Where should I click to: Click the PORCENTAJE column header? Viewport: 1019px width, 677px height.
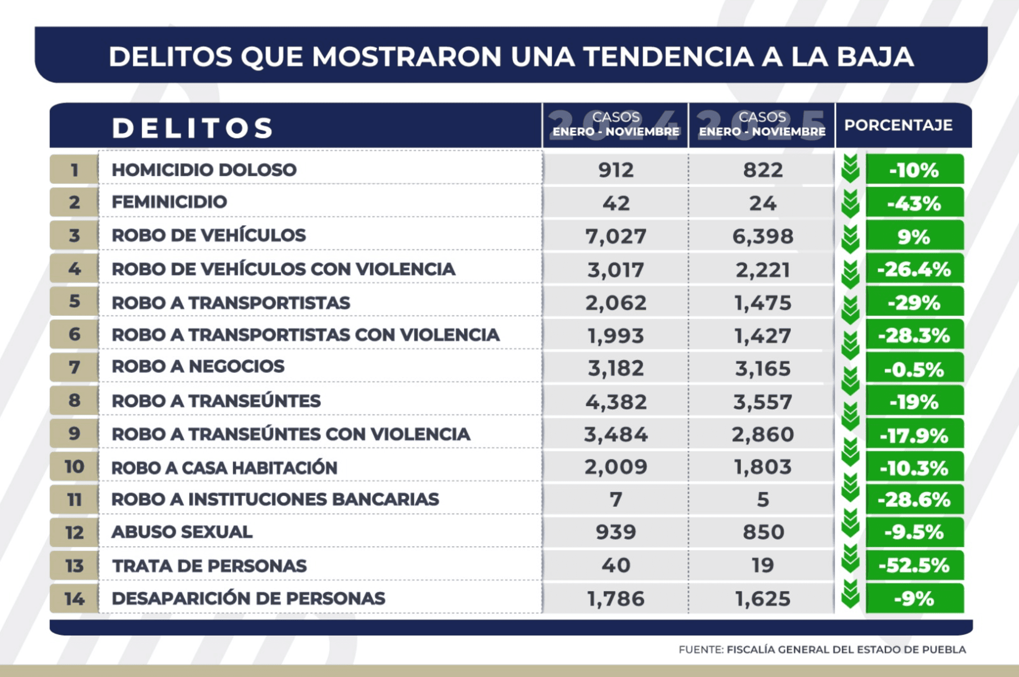[x=898, y=125]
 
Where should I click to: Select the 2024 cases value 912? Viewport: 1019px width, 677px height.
[x=615, y=170]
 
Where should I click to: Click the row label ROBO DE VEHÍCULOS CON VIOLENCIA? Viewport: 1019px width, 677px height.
[x=284, y=269]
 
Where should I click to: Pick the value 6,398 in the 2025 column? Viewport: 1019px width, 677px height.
[x=763, y=236]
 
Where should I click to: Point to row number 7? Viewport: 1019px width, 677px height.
[x=74, y=367]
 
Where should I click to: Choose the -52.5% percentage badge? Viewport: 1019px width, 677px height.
[x=914, y=566]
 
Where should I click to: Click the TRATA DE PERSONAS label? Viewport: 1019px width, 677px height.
[x=209, y=566]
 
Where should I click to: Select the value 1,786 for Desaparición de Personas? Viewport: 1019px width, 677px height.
[x=615, y=599]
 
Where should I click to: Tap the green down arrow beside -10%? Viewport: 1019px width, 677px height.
[x=851, y=169]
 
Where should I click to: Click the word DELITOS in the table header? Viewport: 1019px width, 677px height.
[x=192, y=128]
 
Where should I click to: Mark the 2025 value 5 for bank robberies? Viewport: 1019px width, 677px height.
[x=763, y=499]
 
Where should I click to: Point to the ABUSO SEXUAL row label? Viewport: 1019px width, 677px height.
[x=182, y=532]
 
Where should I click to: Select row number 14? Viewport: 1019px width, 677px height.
[x=74, y=599]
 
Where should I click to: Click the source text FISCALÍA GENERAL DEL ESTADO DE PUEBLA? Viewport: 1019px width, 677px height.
[x=846, y=649]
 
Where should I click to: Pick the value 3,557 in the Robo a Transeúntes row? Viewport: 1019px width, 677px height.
[x=763, y=402]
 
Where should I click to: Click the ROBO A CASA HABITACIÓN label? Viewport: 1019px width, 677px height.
[x=224, y=468]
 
